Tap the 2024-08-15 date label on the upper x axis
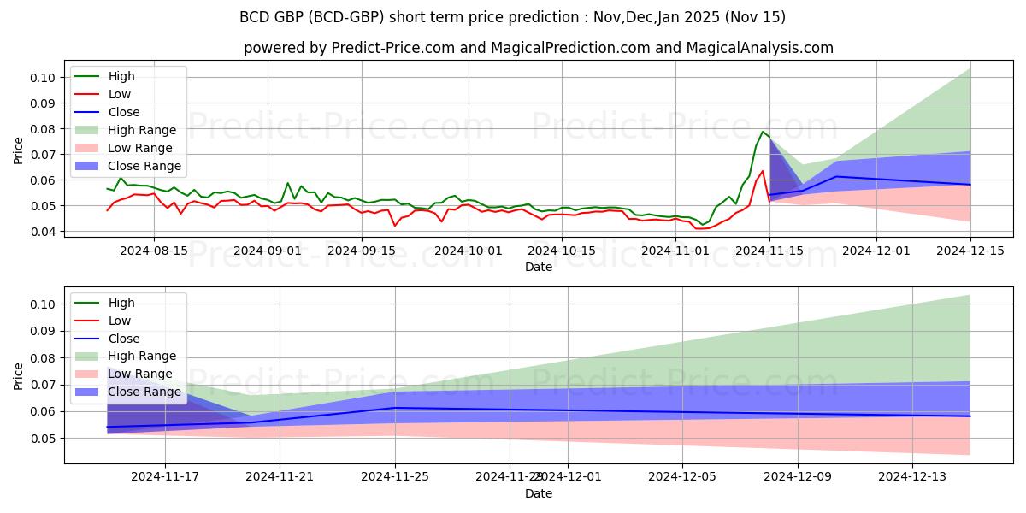click(154, 251)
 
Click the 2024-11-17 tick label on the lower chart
click(165, 477)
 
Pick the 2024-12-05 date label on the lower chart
click(682, 477)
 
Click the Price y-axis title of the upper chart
click(19, 150)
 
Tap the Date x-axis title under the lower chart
click(539, 493)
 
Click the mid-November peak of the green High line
click(763, 132)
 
